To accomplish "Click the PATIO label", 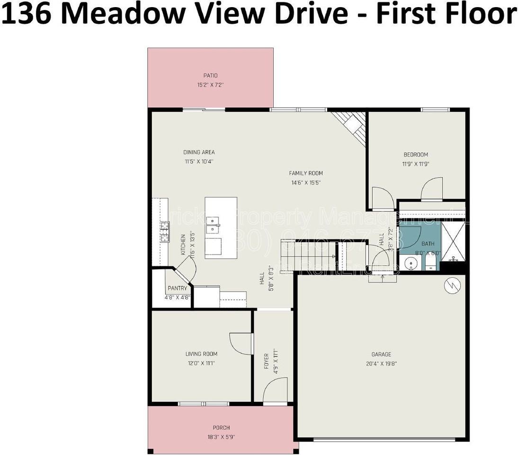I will click(210, 75).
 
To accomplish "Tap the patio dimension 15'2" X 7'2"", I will click(210, 85).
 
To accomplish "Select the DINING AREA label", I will click(199, 152).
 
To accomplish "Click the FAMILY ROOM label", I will click(306, 173).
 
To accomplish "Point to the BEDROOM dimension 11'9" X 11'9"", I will click(415, 164).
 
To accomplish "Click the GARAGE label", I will click(381, 354).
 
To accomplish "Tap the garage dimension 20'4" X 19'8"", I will click(381, 364).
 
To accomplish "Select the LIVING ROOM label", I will click(201, 354).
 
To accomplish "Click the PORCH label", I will click(221, 428).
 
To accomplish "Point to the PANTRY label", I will click(178, 288).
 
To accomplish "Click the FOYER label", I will click(266, 361).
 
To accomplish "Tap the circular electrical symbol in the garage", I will click(451, 286).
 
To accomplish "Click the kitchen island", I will click(221, 227).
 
